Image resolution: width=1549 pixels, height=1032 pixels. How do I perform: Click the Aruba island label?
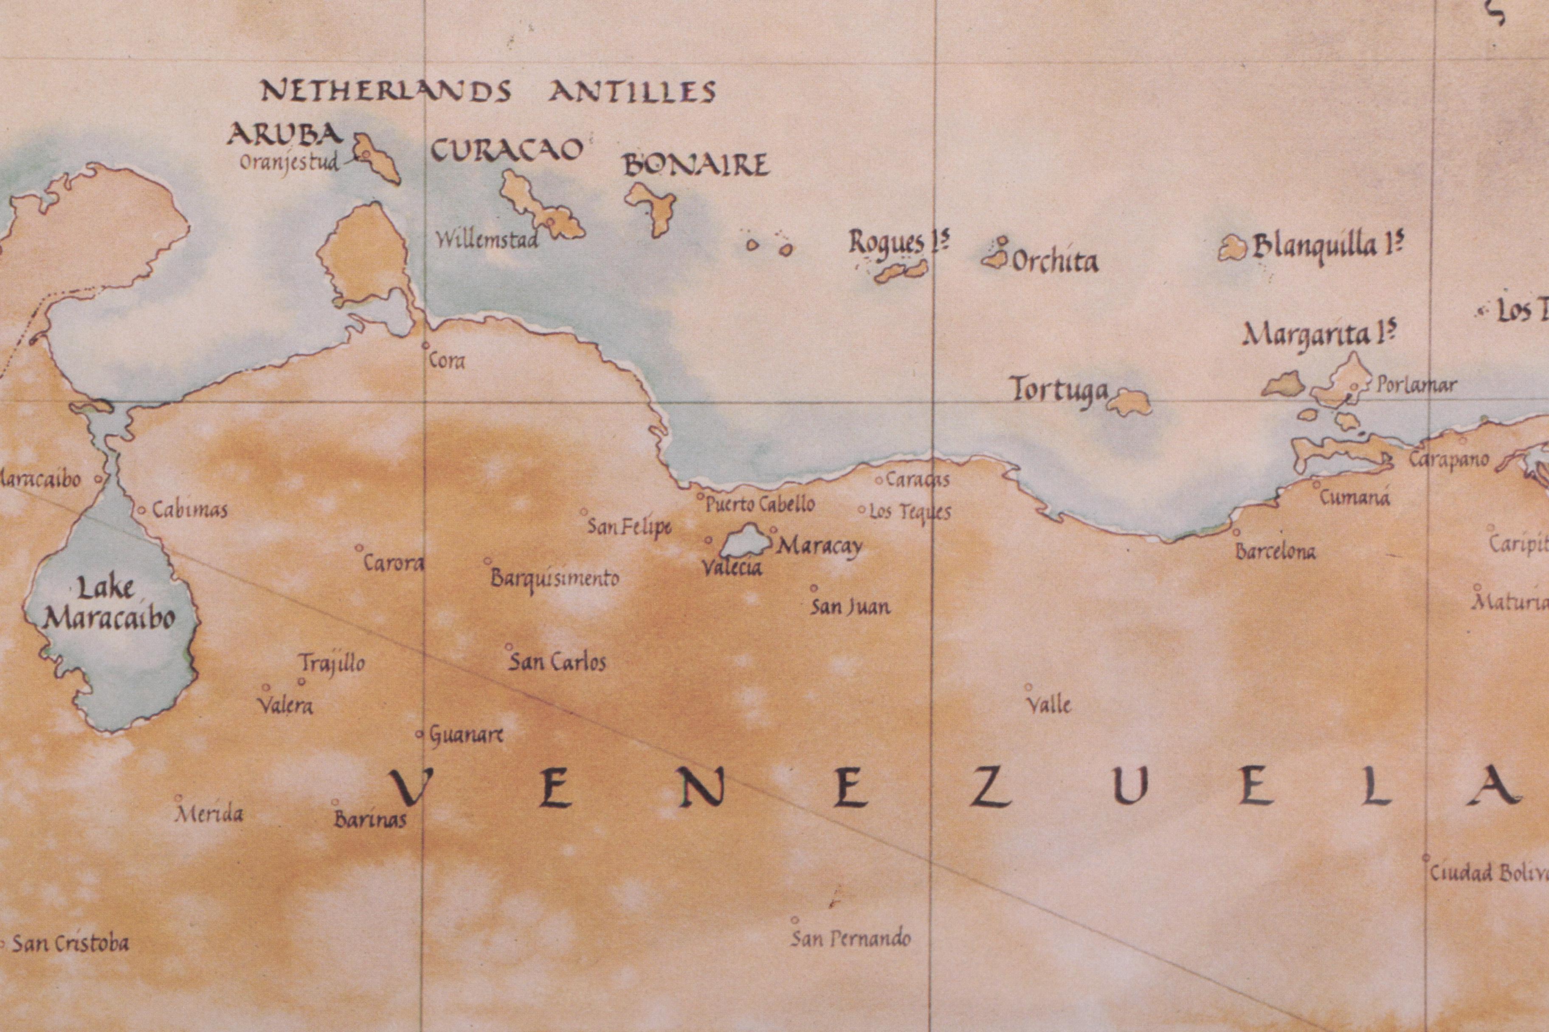[284, 135]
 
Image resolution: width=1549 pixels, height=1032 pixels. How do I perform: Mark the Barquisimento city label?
[555, 578]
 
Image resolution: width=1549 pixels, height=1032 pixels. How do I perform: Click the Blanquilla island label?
[1327, 247]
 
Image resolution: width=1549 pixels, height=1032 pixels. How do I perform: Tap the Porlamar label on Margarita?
[1416, 385]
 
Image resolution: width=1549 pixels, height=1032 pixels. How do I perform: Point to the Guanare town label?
[466, 735]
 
